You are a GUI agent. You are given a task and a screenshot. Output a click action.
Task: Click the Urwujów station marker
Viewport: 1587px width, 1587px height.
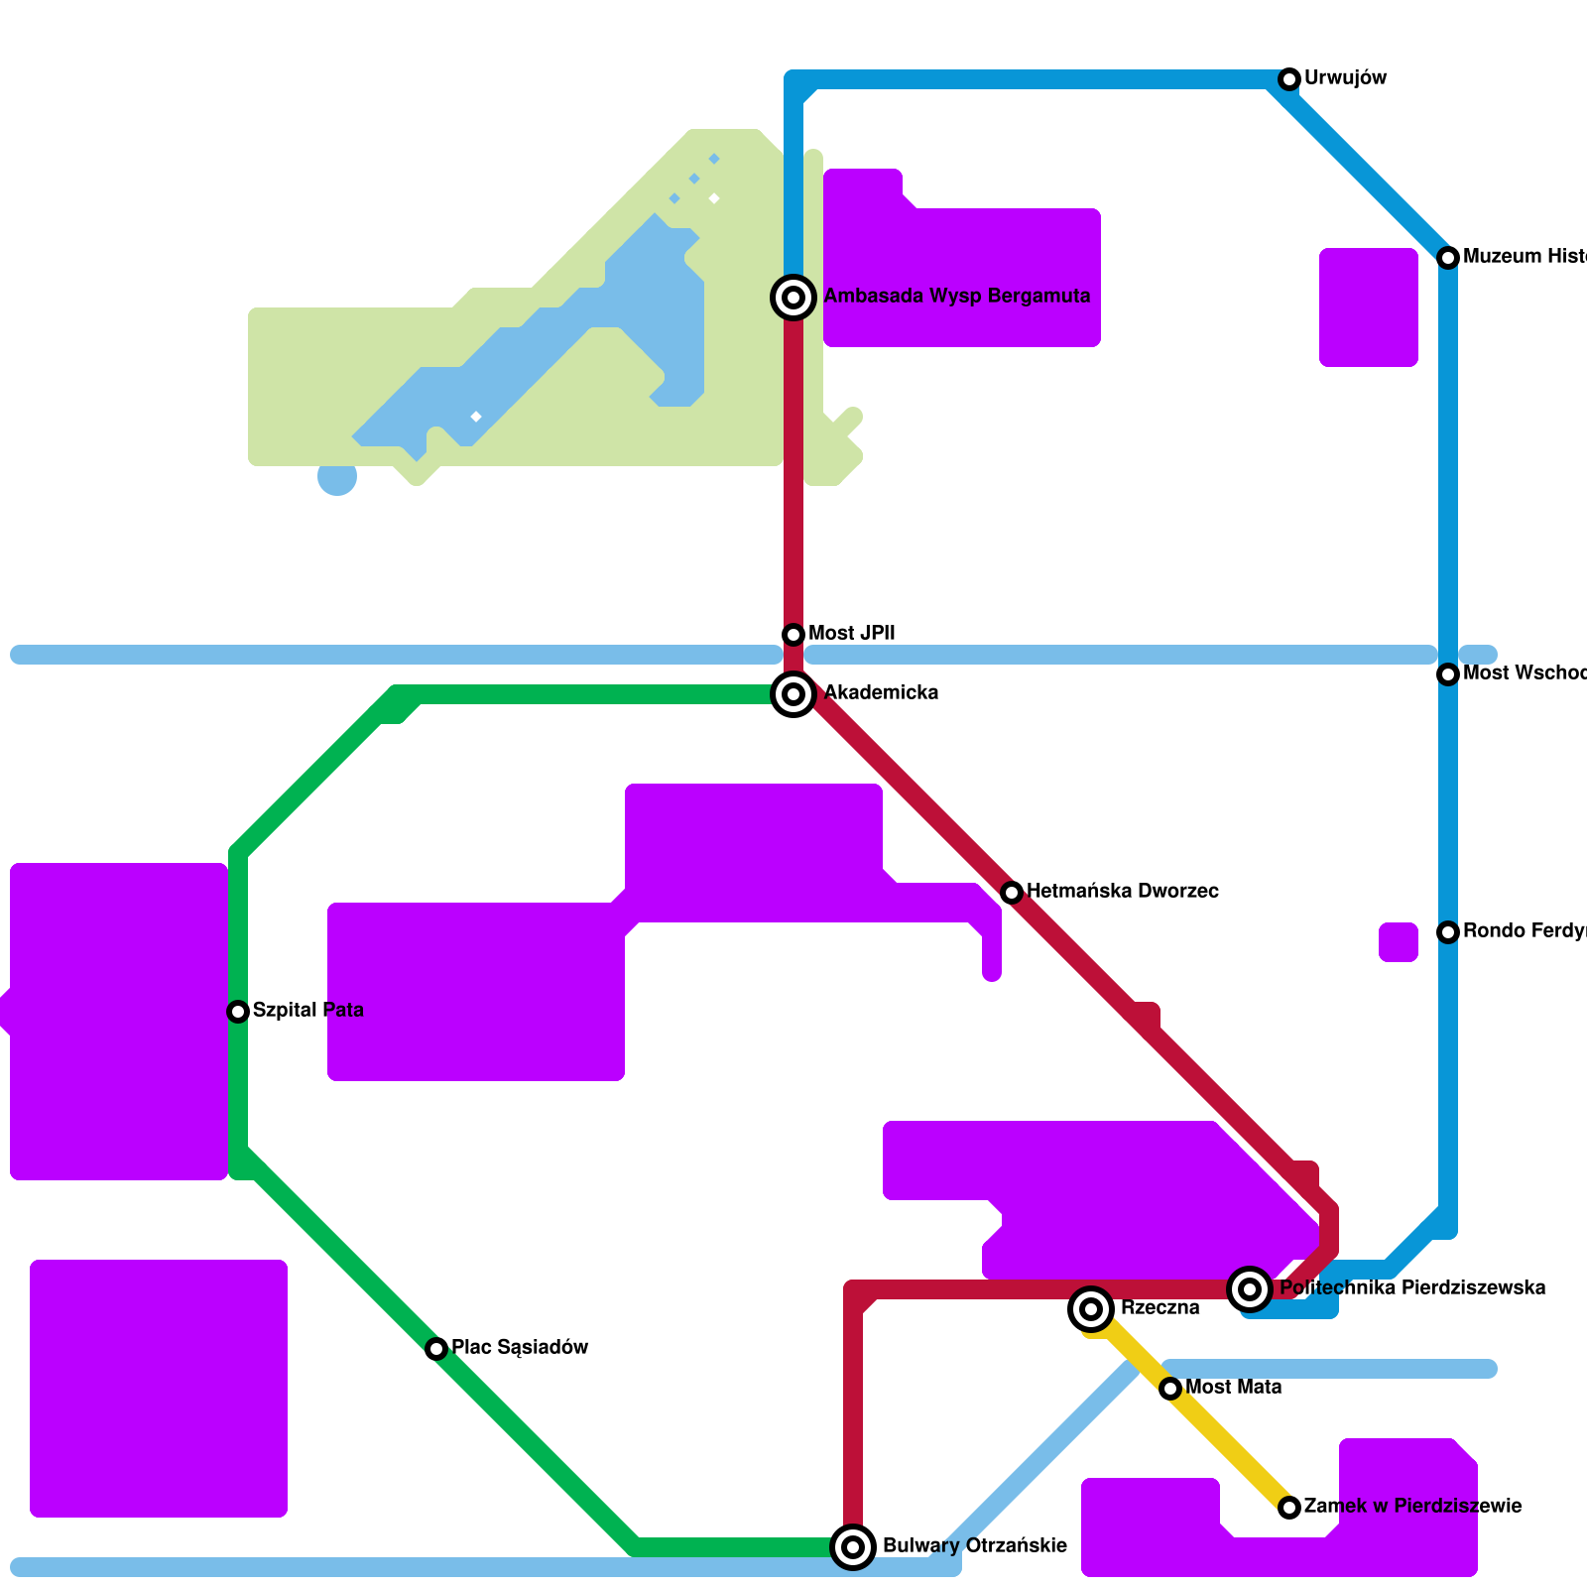point(1289,79)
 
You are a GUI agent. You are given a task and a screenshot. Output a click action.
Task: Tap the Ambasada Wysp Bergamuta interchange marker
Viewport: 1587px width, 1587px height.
point(793,297)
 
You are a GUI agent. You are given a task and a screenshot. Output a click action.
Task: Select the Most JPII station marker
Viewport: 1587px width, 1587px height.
point(793,635)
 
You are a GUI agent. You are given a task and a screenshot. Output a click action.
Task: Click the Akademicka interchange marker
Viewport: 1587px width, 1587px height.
point(793,694)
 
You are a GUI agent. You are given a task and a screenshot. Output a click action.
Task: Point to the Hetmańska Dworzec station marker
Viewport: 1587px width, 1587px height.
point(1012,893)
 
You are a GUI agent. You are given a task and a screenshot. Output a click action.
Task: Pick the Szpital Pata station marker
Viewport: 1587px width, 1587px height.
point(238,1012)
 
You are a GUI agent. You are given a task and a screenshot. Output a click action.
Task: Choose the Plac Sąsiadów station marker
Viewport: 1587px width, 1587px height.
point(436,1349)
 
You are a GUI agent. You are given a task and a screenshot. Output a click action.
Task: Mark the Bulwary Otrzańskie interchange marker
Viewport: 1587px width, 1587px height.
point(853,1547)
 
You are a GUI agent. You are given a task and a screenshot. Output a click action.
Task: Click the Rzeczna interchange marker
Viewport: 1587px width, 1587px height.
point(1091,1309)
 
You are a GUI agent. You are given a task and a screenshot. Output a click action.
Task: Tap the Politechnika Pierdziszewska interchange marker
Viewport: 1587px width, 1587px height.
point(1250,1289)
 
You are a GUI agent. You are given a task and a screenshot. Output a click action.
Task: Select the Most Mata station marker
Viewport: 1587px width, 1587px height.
point(1170,1389)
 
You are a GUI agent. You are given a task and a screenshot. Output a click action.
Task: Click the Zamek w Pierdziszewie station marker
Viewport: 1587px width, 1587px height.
point(1289,1508)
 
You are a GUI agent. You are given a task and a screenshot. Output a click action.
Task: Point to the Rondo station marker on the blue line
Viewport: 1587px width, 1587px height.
point(1448,932)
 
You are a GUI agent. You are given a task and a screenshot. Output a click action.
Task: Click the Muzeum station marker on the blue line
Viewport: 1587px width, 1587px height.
point(1448,258)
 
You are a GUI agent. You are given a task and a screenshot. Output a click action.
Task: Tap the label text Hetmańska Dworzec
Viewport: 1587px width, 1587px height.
point(1123,892)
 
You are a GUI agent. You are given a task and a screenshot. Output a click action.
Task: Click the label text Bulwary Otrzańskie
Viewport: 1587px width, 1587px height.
point(975,1546)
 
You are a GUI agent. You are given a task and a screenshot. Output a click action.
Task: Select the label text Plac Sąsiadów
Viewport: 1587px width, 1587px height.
point(520,1348)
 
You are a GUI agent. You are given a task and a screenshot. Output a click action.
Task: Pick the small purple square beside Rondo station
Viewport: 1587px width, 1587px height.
point(1399,942)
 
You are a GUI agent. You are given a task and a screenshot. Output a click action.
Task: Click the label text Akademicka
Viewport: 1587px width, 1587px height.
point(881,693)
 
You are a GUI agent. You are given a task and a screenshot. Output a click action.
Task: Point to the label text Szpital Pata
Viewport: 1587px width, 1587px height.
point(308,1011)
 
